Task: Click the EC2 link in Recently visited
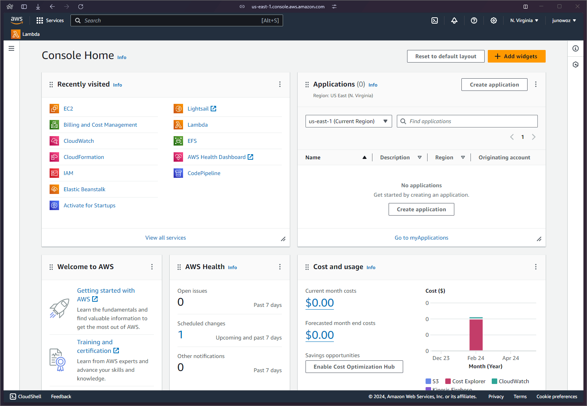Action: pos(68,109)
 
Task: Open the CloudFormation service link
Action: pos(83,157)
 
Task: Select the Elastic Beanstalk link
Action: pos(84,189)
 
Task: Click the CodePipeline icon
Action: pos(178,173)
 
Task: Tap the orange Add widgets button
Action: pos(516,56)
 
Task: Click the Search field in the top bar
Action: pos(176,20)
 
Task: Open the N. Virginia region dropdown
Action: pos(524,20)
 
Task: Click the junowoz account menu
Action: pos(564,20)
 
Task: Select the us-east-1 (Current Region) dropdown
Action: pos(348,121)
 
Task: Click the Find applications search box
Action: pos(467,121)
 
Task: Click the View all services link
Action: pos(165,238)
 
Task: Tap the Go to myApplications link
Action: pos(421,238)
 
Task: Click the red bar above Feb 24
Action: pos(476,334)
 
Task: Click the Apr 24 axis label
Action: pos(511,358)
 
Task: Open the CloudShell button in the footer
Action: pos(26,397)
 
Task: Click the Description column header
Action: pos(395,157)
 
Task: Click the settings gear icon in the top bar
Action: pos(493,20)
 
